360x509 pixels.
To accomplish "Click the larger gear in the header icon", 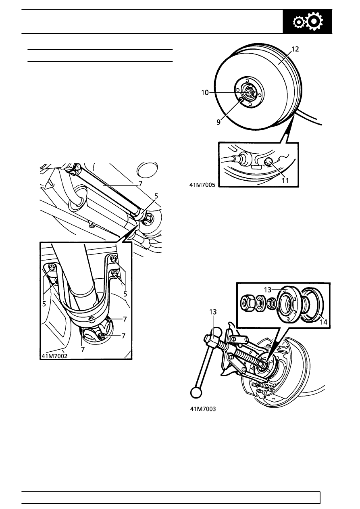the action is [314, 21].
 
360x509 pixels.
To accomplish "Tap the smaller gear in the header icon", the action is [299, 23].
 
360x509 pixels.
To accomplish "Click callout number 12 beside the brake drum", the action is [295, 49].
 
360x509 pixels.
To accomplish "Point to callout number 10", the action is [205, 92].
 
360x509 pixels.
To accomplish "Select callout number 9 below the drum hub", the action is [218, 122].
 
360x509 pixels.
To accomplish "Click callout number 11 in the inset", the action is [285, 180].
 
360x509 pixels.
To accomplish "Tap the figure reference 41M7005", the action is [202, 185].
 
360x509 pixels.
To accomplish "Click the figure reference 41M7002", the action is [54, 356].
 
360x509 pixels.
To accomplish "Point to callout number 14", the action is [323, 322].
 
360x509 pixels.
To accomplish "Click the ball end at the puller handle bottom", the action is [196, 392].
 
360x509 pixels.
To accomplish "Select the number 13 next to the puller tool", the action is [213, 312].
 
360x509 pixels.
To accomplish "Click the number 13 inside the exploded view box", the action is [268, 290].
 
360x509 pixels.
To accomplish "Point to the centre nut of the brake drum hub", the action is [249, 92].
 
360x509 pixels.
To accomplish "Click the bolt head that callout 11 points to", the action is [269, 162].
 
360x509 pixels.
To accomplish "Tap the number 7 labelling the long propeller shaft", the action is [140, 184].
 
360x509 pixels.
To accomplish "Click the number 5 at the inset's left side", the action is [44, 304].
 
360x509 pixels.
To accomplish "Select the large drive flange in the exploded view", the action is [288, 304].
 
